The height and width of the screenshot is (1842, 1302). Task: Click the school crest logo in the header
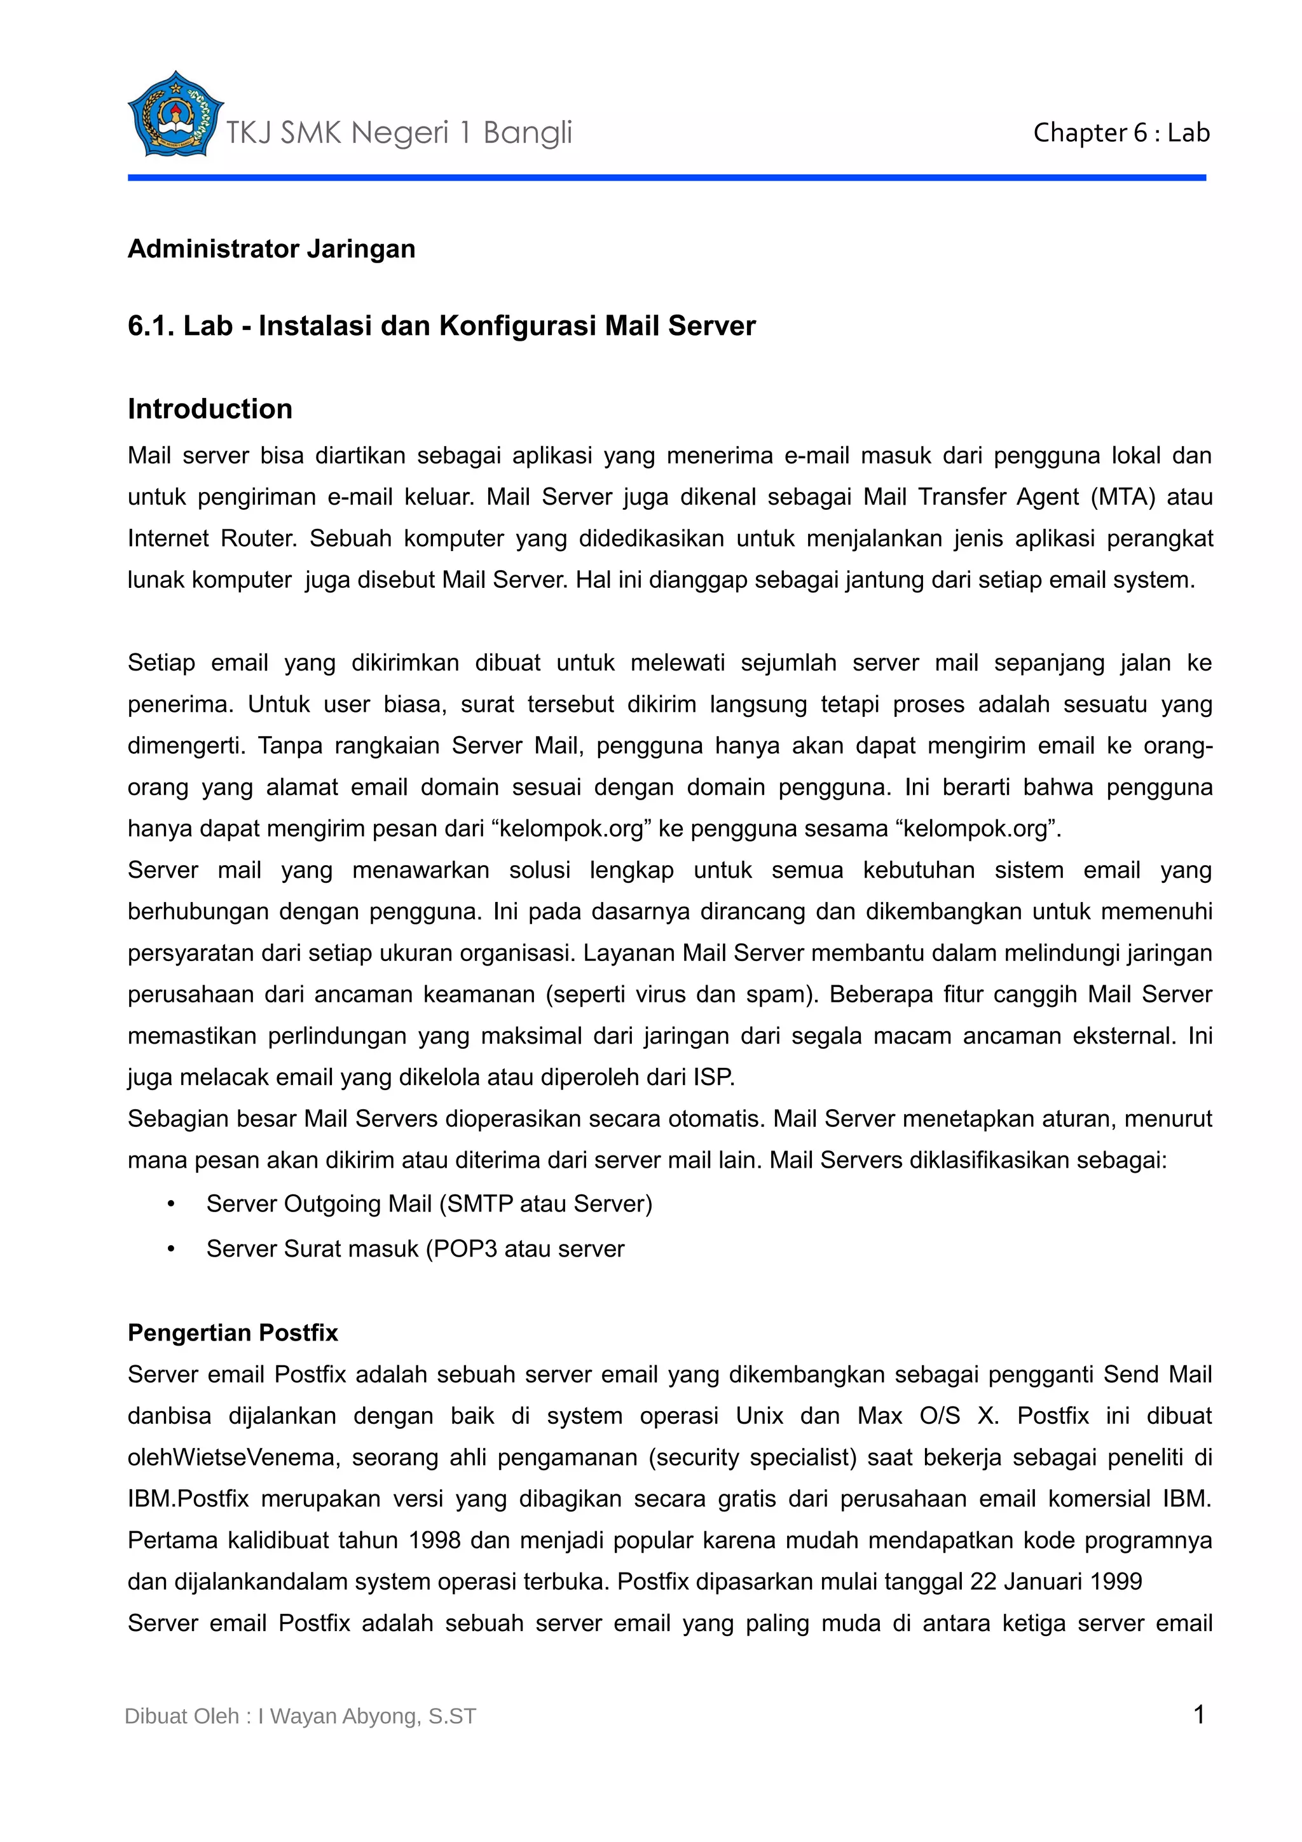pos(174,114)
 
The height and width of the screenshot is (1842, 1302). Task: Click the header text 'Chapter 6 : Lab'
pos(1121,133)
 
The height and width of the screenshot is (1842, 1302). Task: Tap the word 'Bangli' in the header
pos(527,133)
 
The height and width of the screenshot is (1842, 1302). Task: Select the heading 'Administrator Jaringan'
pos(271,250)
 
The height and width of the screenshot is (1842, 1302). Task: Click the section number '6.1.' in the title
pos(151,327)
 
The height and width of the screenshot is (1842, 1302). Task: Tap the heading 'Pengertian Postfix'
pos(233,1333)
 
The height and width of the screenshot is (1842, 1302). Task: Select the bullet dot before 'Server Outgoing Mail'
pos(171,1204)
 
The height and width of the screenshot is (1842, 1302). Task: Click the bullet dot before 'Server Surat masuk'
pos(171,1249)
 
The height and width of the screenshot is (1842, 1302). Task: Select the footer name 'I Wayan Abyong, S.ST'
pos(367,1717)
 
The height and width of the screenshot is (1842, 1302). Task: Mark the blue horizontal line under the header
pos(666,177)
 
